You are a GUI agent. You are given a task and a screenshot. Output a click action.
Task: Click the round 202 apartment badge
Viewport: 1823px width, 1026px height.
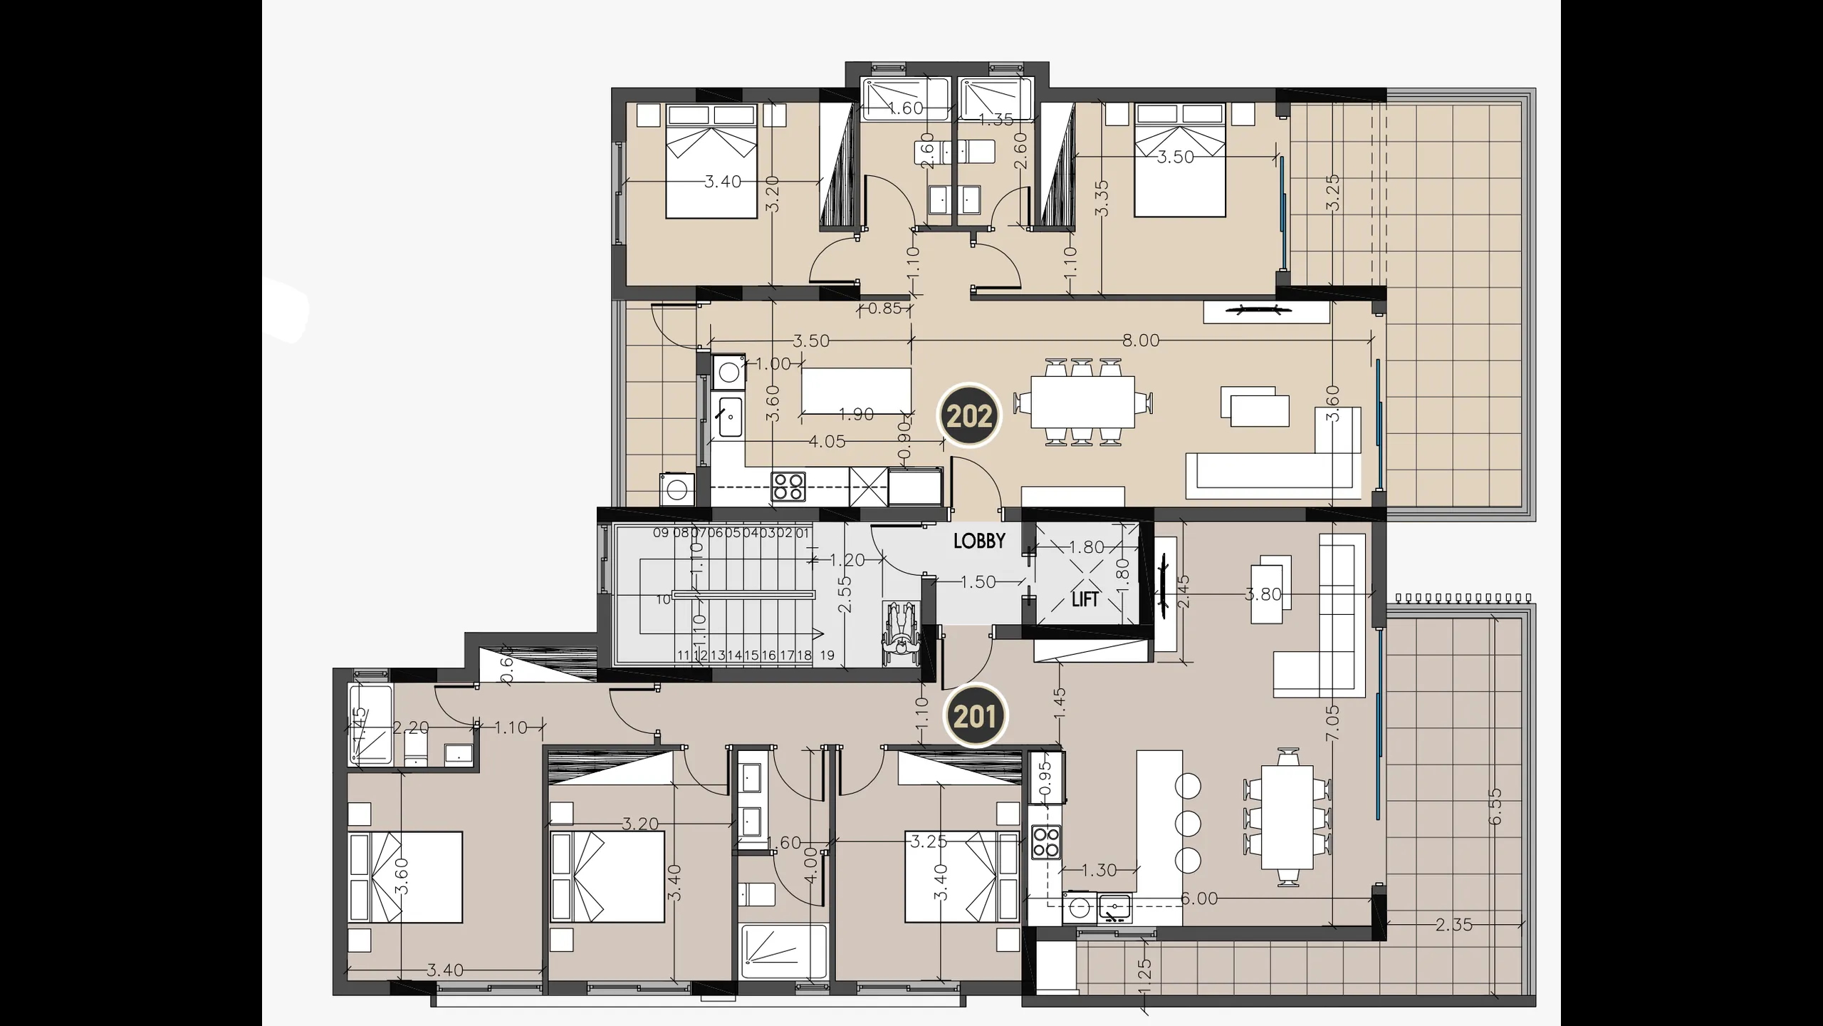969,416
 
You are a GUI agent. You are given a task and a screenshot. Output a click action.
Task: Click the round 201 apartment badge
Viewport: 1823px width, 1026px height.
974,716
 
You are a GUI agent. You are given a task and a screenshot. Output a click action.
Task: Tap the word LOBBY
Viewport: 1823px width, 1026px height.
979,541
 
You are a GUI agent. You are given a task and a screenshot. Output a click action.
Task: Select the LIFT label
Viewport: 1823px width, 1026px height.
1085,600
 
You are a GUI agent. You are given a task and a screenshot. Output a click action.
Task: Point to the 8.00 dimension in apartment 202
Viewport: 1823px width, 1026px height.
1141,341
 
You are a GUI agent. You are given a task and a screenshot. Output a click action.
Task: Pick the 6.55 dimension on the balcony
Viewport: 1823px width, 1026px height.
1495,807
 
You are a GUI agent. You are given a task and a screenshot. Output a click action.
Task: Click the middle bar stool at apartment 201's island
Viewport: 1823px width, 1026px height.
1188,824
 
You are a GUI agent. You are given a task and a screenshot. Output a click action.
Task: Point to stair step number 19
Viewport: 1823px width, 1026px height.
827,655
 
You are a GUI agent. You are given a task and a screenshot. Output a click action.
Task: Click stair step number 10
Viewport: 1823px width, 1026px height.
663,600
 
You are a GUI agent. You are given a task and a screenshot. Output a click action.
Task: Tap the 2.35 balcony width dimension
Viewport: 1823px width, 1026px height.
1453,925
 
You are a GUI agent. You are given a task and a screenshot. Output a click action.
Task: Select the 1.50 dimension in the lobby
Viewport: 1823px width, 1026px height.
978,582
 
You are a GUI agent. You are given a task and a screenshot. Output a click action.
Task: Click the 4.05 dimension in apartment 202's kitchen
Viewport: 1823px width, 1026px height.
827,442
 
